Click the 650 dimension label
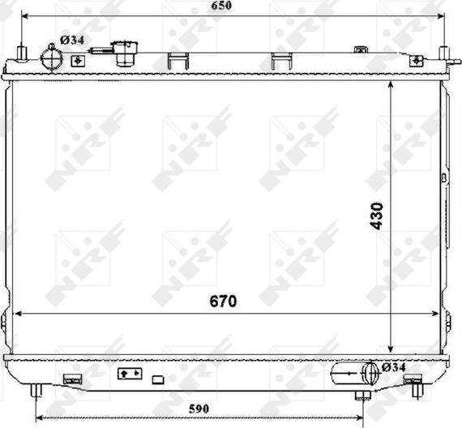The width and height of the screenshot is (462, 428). click(221, 6)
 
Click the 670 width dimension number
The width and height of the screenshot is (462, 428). click(223, 302)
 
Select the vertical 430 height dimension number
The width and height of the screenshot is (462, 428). click(377, 216)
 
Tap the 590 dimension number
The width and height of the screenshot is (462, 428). click(199, 409)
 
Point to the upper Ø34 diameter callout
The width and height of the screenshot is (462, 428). click(72, 40)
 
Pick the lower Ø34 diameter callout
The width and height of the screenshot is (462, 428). click(394, 367)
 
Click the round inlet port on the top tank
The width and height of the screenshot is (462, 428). click(52, 58)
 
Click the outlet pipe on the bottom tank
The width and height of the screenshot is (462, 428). click(354, 373)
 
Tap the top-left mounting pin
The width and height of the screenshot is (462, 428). click(22, 53)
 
